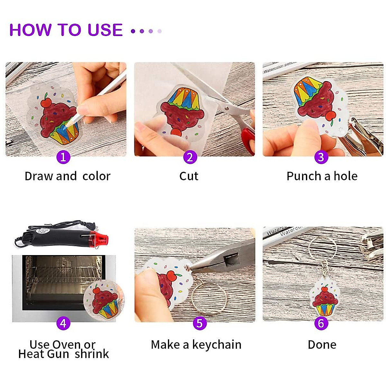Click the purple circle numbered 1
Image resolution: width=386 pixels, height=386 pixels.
coord(63,157)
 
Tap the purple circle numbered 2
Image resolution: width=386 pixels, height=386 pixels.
coord(190,157)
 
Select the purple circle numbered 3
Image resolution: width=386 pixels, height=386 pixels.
coord(321,157)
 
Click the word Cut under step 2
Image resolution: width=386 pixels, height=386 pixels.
coord(189,176)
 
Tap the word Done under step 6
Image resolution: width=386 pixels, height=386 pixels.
coord(322,345)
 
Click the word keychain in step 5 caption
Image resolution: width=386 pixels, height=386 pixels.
coord(217,345)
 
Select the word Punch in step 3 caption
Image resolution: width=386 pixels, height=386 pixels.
coord(304,176)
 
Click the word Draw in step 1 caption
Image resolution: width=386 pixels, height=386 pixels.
coord(40,176)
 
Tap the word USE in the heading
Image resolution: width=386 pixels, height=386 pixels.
coord(105,30)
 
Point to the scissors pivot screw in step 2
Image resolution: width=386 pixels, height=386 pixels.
coord(226,108)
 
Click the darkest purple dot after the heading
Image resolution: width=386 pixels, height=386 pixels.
coord(133,31)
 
